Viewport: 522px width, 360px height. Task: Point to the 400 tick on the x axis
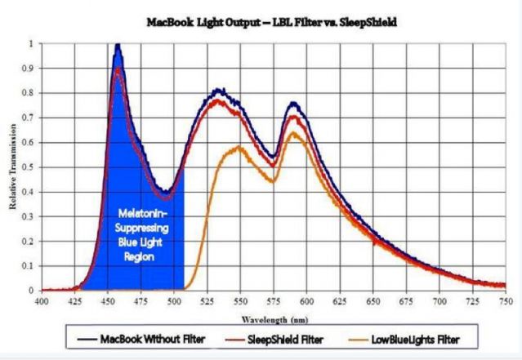pos(42,301)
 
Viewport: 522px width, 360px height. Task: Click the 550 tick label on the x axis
pos(241,301)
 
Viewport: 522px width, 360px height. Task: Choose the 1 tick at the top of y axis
pos(32,43)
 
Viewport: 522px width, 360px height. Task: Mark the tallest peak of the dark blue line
pos(118,47)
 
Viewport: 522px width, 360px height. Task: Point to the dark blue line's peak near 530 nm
pos(219,90)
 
